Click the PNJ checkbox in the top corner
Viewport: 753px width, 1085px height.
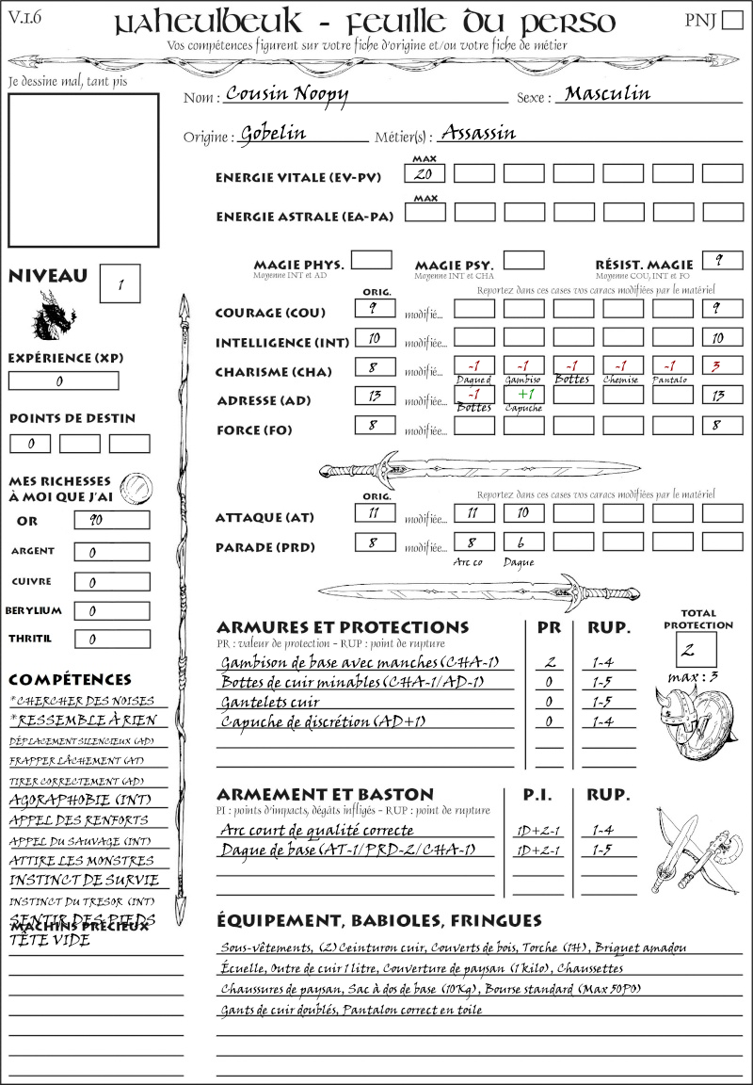730,21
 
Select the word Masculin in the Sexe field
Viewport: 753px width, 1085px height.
607,93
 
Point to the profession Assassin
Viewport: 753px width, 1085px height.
478,133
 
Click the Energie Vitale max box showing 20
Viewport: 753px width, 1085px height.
425,174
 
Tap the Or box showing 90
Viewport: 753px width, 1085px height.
111,520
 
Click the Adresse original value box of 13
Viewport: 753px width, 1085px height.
374,395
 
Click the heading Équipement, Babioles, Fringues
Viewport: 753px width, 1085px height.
379,920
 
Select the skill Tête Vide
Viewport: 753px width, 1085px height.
49,940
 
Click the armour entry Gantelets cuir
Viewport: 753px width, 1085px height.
270,702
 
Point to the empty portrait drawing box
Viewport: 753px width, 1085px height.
83,170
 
